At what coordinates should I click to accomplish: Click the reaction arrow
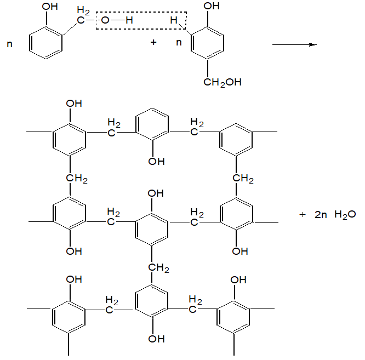[x=294, y=44]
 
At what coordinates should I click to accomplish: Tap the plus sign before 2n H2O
[x=301, y=214]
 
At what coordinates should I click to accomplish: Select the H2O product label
[x=345, y=215]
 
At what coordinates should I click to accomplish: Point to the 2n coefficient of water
[x=321, y=215]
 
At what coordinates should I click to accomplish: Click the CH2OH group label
[x=222, y=82]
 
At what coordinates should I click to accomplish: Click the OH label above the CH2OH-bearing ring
[x=211, y=7]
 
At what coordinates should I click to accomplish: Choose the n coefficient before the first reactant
[x=9, y=43]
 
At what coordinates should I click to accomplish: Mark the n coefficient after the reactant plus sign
[x=179, y=43]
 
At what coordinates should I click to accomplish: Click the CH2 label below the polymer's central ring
[x=158, y=268]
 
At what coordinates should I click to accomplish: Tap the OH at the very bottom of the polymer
[x=156, y=339]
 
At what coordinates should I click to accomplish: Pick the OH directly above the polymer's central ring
[x=156, y=193]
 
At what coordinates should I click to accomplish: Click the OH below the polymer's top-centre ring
[x=156, y=161]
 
